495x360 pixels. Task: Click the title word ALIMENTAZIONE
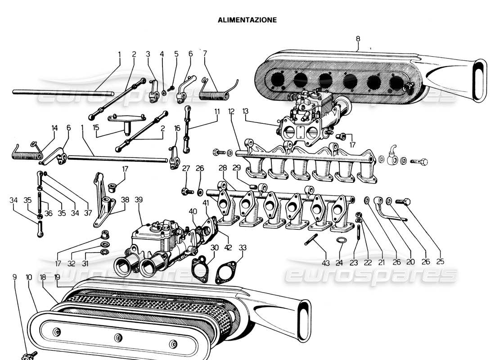tap(247, 20)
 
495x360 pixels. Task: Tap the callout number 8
tap(358, 39)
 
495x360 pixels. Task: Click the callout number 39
tap(139, 199)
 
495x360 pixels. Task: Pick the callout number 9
tap(14, 278)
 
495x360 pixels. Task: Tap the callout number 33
tap(243, 247)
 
